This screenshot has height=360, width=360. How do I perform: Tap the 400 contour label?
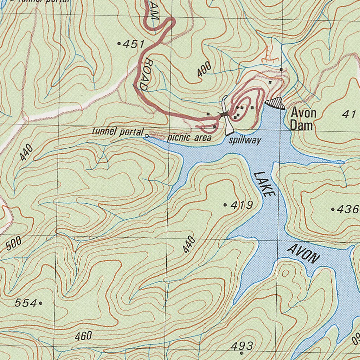coord(204,69)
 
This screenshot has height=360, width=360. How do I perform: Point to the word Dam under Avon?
coord(301,126)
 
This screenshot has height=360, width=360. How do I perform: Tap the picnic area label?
coord(189,137)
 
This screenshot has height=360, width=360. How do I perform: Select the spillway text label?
coord(245,141)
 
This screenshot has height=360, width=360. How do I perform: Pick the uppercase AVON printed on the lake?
coord(303,254)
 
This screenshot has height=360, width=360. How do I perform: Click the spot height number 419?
coord(242,205)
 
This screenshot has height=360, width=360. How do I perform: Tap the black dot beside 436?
coord(333,209)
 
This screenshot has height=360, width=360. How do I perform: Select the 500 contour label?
coord(14,243)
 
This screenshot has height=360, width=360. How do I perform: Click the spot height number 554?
coord(26,303)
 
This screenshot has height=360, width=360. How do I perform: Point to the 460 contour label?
coord(83,336)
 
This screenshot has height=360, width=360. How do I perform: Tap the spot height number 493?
coord(242,346)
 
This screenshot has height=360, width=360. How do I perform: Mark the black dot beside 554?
coord(41,303)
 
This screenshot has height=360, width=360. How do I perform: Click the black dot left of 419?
coord(225,205)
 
